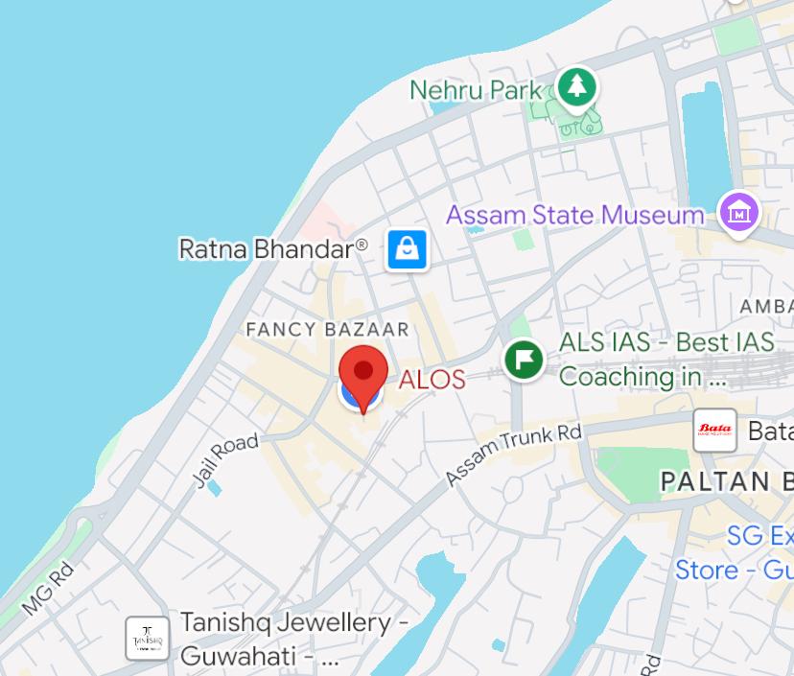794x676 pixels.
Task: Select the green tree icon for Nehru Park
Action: click(575, 87)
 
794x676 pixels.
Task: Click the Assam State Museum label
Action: click(575, 214)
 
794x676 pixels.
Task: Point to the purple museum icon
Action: click(740, 212)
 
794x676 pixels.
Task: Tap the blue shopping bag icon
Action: click(408, 250)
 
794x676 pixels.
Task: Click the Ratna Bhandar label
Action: click(273, 249)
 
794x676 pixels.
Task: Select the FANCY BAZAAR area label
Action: click(328, 330)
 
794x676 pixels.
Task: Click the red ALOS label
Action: click(432, 379)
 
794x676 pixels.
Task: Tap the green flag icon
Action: click(525, 361)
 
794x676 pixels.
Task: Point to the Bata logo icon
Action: click(715, 431)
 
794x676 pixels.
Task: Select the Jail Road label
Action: click(227, 459)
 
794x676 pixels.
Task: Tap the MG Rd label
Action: click(48, 589)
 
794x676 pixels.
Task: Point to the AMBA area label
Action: click(766, 306)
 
